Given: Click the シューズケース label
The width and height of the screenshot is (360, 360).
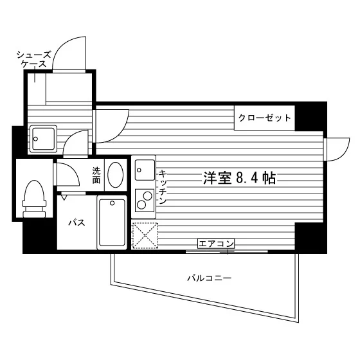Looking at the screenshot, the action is [33, 59].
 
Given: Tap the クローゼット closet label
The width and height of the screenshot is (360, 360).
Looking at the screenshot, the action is [264, 118].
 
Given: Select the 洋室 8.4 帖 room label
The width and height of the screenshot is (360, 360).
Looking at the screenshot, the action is [239, 177].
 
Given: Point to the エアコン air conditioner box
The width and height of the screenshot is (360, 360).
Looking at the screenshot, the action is [215, 244].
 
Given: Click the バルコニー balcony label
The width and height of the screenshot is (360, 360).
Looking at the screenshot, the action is [210, 278].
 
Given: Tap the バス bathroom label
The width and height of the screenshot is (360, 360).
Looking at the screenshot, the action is [77, 222].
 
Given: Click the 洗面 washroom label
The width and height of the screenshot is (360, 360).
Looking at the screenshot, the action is [96, 175].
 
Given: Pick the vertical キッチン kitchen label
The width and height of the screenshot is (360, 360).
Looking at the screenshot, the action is [163, 187].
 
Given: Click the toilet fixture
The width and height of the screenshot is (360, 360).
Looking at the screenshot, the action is [34, 199].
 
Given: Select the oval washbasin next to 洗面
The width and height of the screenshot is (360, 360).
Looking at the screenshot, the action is [116, 174].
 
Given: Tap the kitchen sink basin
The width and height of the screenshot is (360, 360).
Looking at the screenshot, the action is [145, 170].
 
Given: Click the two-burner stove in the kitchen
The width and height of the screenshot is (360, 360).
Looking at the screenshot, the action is [145, 201].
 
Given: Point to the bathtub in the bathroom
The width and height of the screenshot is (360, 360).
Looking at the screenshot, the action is [112, 222].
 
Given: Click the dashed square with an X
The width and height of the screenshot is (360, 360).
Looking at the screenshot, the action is [145, 236].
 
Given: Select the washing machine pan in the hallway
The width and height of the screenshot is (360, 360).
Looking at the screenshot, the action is [42, 139].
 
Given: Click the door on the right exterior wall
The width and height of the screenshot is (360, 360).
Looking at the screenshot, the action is [337, 149].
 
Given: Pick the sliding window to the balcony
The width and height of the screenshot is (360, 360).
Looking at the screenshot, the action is [226, 251].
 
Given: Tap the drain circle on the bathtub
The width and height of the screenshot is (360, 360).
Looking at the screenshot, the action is [112, 203].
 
